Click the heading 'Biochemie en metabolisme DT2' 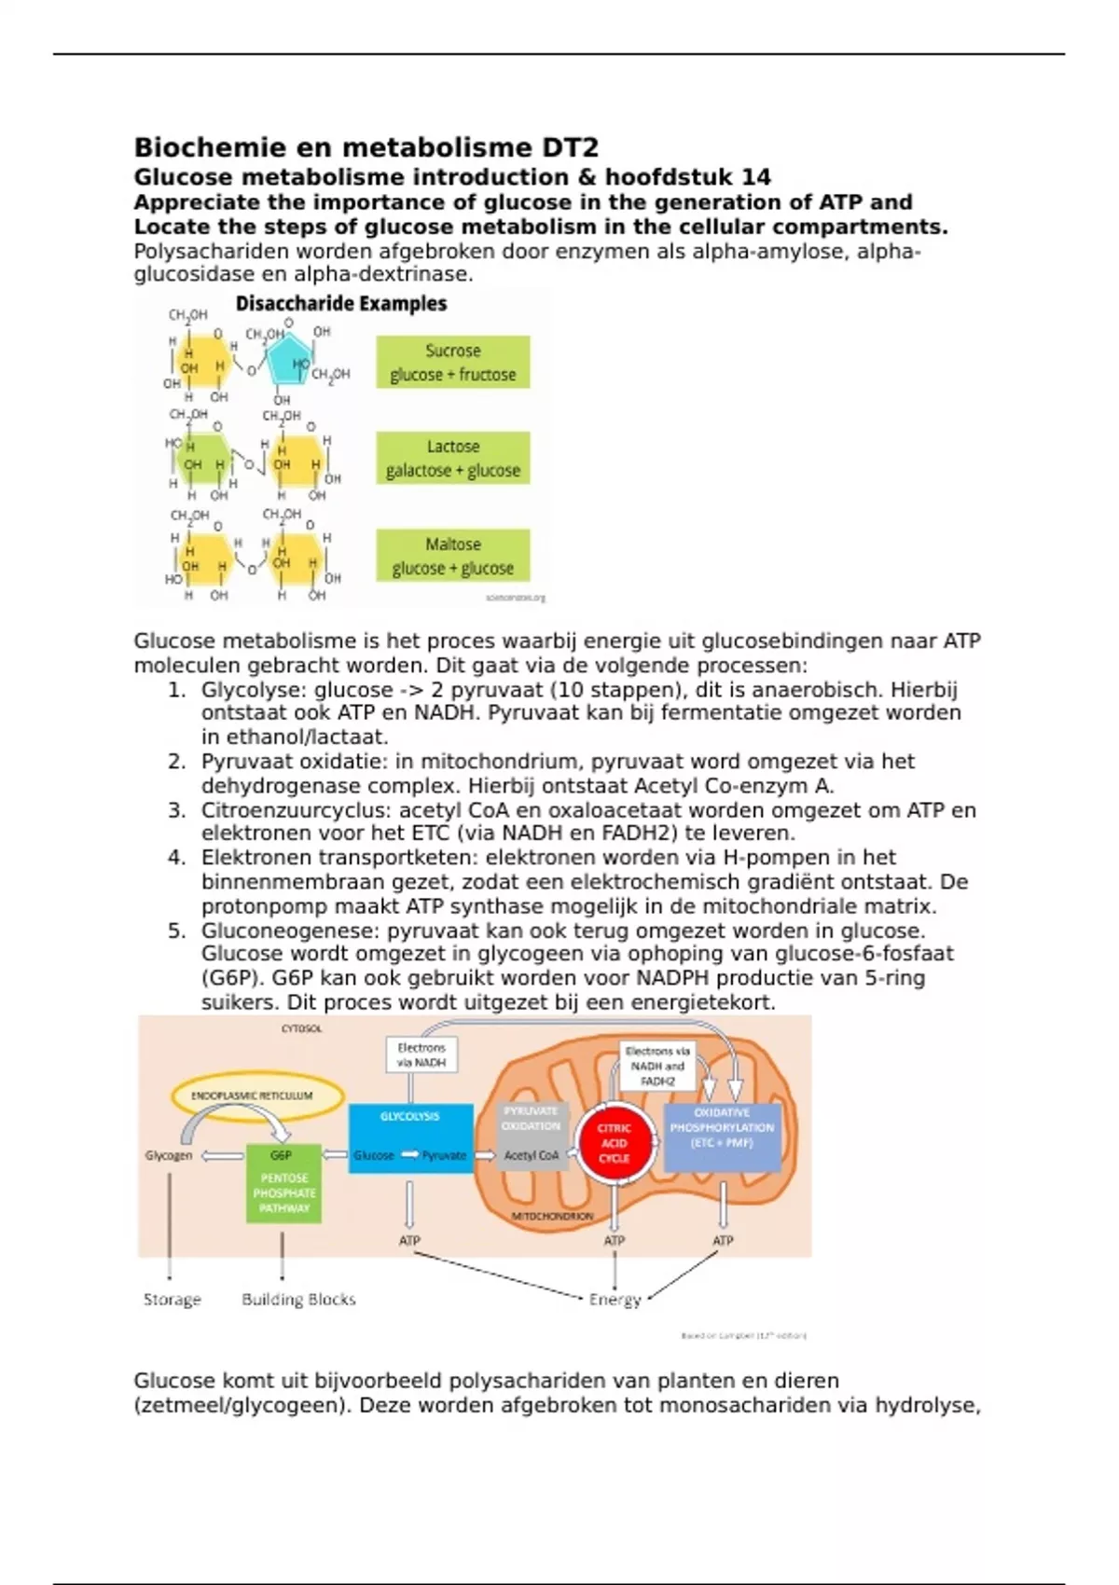[366, 147]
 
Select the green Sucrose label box [453, 362]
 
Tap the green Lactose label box [453, 458]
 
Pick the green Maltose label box [453, 556]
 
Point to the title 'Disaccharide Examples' [340, 304]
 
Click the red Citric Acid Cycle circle [614, 1143]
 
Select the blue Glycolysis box [410, 1137]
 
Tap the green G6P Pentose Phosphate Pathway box [283, 1182]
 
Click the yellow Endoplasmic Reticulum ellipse [257, 1096]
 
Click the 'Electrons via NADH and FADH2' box [657, 1066]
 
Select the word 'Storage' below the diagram [173, 1299]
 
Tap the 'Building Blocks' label [298, 1299]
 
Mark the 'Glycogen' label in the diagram [169, 1155]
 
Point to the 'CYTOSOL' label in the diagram [301, 1028]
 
